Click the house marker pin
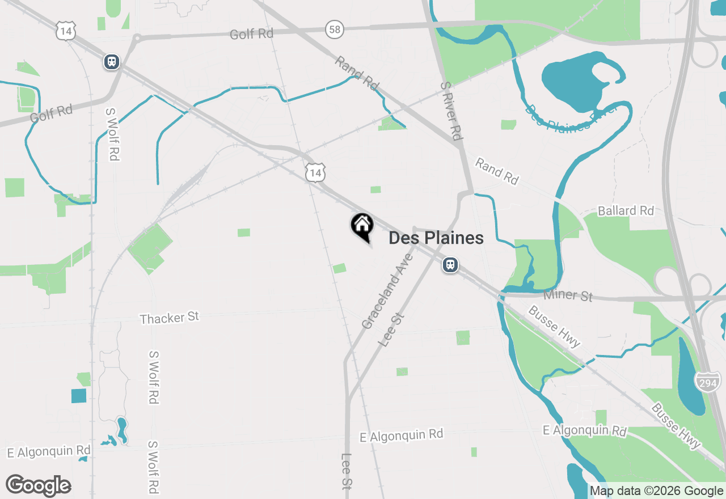(362, 226)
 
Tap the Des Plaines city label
(436, 238)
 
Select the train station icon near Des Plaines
(450, 265)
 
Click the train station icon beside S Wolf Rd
(112, 62)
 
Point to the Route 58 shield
(335, 29)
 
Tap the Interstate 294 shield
(707, 382)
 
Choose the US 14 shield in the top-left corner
(66, 31)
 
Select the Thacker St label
(170, 318)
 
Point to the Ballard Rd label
(626, 211)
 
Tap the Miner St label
(568, 295)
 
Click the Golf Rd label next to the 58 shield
(251, 34)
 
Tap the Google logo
(39, 486)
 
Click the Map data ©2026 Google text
(656, 491)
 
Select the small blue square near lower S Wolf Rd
(79, 396)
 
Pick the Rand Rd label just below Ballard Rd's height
(497, 171)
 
